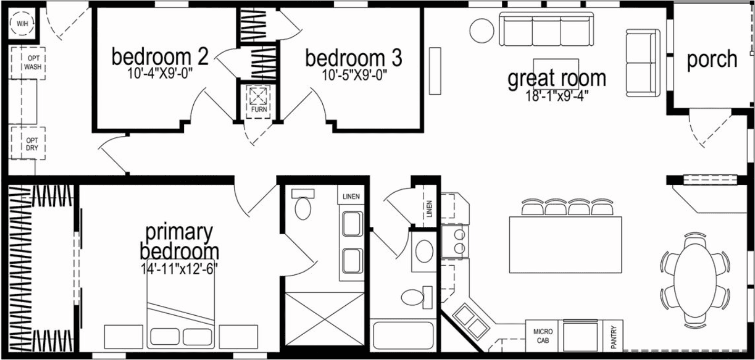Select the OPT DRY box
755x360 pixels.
pos(28,143)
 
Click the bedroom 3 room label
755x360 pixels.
pos(353,58)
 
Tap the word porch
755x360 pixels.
pos(712,59)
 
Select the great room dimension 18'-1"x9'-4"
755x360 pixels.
pos(557,95)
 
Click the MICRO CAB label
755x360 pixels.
pos(543,336)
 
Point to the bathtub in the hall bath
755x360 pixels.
pos(403,335)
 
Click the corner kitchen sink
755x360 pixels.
pos(470,320)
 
